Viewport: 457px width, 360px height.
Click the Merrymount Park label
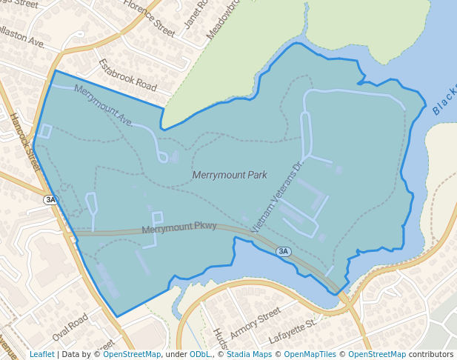[229, 176]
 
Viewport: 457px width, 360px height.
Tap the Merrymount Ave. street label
[104, 106]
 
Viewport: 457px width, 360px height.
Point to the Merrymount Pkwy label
[179, 227]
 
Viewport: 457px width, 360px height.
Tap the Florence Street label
[149, 18]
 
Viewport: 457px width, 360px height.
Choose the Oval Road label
[70, 326]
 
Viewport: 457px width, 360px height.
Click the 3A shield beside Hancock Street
[50, 199]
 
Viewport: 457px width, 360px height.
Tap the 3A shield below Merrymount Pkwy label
[283, 252]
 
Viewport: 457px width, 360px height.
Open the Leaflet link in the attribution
[41, 354]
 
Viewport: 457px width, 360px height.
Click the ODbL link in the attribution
[199, 354]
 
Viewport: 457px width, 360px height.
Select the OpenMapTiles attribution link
[310, 354]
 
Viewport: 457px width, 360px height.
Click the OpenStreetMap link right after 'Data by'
[132, 354]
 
